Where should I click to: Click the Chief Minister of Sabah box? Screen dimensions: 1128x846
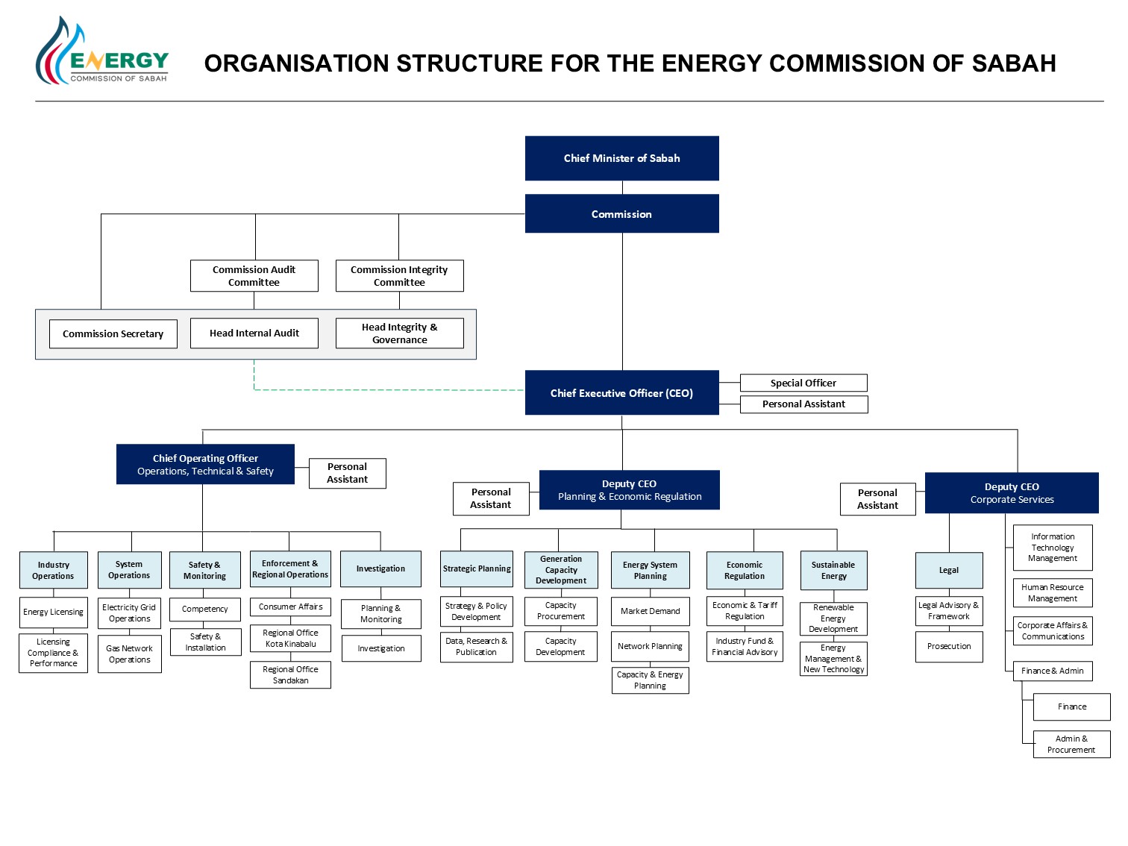(x=621, y=157)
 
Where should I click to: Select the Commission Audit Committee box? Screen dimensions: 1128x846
(x=254, y=275)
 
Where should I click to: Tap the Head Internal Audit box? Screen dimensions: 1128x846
(x=254, y=333)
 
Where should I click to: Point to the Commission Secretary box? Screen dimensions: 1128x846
(x=113, y=333)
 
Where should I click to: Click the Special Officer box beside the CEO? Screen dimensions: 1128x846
(x=803, y=383)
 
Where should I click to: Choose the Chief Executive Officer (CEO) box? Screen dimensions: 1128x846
(x=621, y=392)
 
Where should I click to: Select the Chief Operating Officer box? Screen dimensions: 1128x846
(x=205, y=464)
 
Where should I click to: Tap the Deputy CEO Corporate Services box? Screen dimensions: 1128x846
(x=1011, y=492)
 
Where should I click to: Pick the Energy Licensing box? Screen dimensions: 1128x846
(x=54, y=612)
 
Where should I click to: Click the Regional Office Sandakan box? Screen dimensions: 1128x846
(x=290, y=674)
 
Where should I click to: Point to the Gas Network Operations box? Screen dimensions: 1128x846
(x=130, y=654)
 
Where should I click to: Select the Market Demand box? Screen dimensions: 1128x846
(x=650, y=611)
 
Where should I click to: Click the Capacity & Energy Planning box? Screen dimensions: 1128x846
(x=650, y=680)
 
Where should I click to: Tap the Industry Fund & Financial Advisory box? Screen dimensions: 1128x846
(x=745, y=646)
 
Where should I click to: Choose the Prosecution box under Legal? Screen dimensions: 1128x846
(x=949, y=646)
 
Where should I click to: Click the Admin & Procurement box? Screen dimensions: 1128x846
(x=1071, y=744)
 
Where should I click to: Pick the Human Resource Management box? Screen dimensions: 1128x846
(x=1053, y=592)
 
